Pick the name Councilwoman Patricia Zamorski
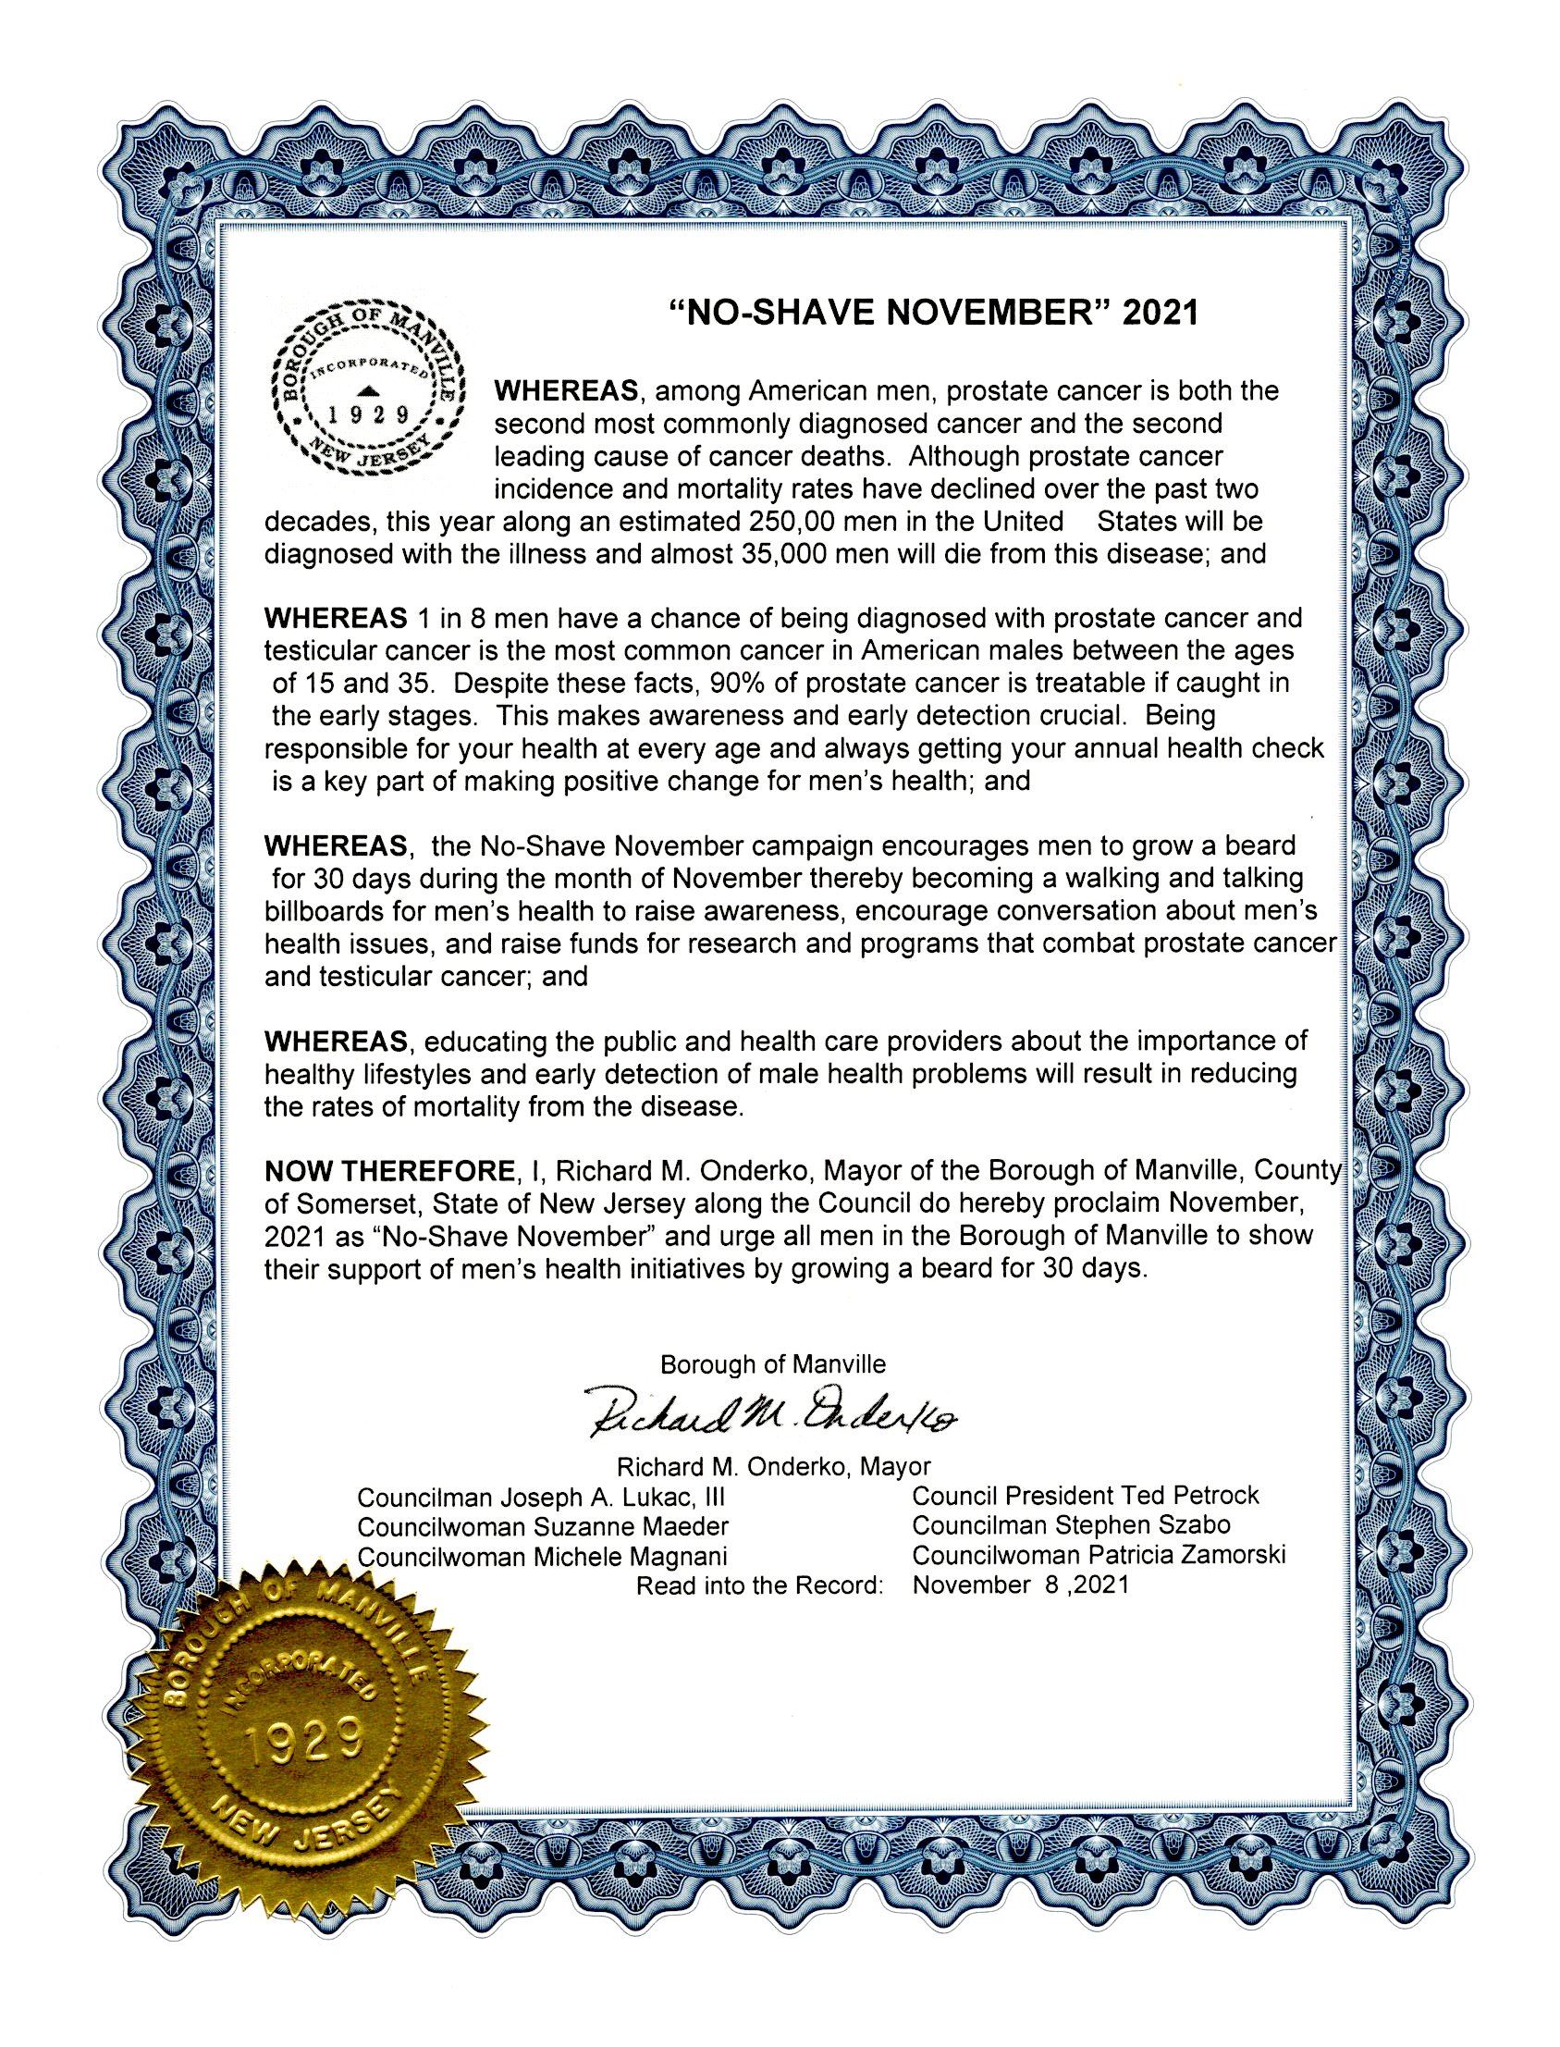(x=1099, y=1555)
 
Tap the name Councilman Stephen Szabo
(x=1072, y=1525)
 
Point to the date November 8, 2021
(x=1021, y=1585)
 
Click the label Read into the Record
(x=758, y=1586)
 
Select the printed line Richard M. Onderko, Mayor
(x=773, y=1467)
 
